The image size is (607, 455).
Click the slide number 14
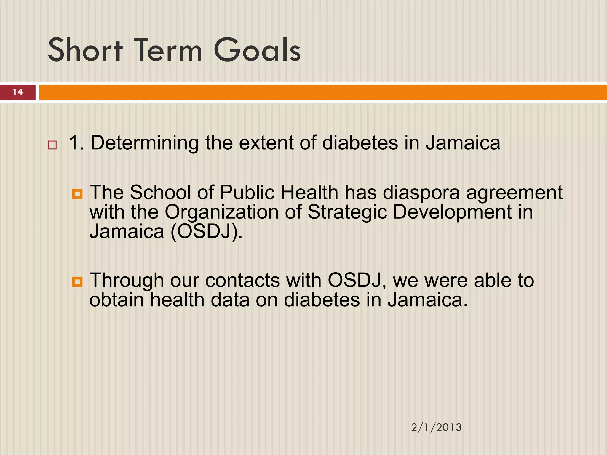pyautogui.click(x=18, y=92)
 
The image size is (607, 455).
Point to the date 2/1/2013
pyautogui.click(x=436, y=427)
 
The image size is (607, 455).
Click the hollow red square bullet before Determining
pyautogui.click(x=52, y=145)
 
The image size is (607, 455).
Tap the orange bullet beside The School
pyautogui.click(x=77, y=194)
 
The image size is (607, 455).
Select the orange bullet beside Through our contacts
pyautogui.click(x=77, y=282)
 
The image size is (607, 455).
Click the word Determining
pyautogui.click(x=144, y=143)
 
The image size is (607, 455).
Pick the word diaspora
pyautogui.click(x=421, y=193)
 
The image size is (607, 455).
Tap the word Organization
pyautogui.click(x=221, y=212)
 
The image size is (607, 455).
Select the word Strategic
pyautogui.click(x=347, y=212)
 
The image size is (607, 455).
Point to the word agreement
pyautogui.click(x=514, y=193)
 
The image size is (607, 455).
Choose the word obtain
pyautogui.click(x=116, y=300)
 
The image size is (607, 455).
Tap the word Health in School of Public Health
pyautogui.click(x=309, y=193)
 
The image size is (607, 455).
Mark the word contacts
pyautogui.click(x=242, y=281)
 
